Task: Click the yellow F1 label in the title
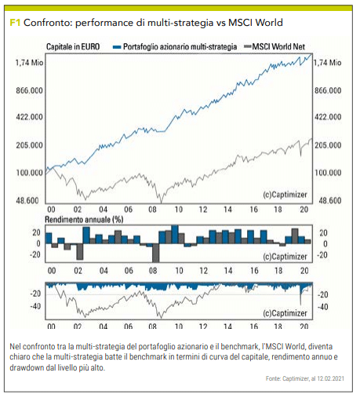(x=15, y=23)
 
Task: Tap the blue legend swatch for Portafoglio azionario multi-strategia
(x=117, y=47)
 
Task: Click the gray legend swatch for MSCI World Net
(x=247, y=47)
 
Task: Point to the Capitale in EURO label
(x=73, y=47)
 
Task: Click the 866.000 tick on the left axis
(x=29, y=91)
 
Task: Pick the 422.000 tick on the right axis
(x=328, y=117)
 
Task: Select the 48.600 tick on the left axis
(x=27, y=201)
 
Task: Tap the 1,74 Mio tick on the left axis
(x=29, y=63)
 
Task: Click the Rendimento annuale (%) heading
(x=84, y=220)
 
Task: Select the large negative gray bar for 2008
(x=156, y=253)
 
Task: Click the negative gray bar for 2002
(x=80, y=252)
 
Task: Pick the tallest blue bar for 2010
(x=175, y=235)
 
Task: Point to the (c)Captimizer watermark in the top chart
(x=285, y=195)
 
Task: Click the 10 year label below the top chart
(x=179, y=210)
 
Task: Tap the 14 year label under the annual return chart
(x=228, y=271)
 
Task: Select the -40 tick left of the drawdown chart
(x=35, y=306)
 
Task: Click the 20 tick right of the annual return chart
(x=323, y=233)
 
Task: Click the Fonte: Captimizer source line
(x=305, y=378)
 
